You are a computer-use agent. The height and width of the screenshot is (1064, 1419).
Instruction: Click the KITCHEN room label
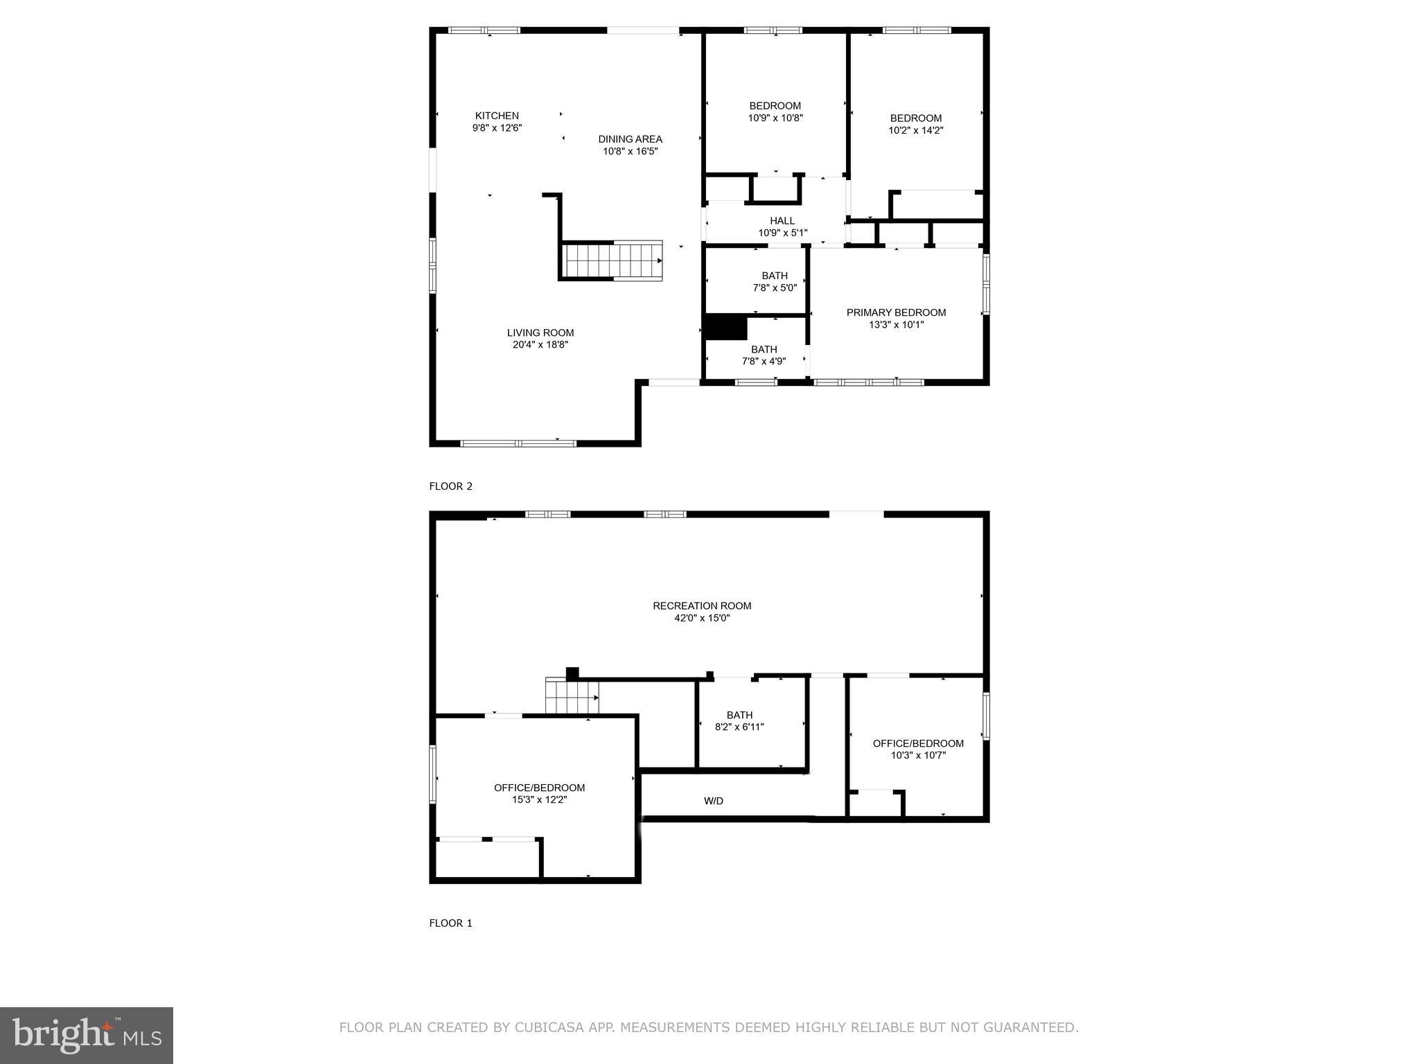[x=497, y=116]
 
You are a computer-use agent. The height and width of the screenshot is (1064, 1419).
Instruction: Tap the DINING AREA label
[x=630, y=139]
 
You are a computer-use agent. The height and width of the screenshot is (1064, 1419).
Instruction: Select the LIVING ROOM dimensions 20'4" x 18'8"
[x=540, y=344]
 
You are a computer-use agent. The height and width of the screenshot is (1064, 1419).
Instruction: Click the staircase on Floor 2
[x=612, y=260]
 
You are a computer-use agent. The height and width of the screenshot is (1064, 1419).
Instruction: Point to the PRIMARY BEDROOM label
[x=896, y=312]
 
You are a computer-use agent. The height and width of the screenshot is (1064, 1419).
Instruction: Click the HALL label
[x=782, y=221]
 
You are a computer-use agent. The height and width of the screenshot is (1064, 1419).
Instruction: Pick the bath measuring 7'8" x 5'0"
[x=775, y=281]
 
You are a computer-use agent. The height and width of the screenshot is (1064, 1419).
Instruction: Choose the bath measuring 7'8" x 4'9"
[x=764, y=355]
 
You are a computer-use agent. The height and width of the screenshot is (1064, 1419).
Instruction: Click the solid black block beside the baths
[x=725, y=327]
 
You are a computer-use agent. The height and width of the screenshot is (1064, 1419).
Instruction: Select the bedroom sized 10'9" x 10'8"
[x=775, y=112]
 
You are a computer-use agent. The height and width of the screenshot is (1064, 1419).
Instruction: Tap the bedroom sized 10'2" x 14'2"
[x=916, y=124]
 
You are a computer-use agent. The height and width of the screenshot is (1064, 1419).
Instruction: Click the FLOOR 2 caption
[x=450, y=486]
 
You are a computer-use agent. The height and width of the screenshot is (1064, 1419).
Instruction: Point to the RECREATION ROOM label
[x=702, y=605]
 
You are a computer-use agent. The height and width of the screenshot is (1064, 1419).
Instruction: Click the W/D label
[x=714, y=801]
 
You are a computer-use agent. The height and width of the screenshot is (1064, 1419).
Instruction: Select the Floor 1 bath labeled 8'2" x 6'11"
[x=739, y=720]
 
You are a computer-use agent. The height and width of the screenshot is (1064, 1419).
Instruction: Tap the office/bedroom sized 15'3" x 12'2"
[x=539, y=793]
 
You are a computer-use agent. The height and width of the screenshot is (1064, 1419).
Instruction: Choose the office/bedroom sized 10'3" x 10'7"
[x=918, y=749]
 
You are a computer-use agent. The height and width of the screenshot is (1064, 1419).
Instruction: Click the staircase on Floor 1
[x=572, y=696]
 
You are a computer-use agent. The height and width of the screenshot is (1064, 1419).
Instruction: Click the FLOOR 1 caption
[x=450, y=923]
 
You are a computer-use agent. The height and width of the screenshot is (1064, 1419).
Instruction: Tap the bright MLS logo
[x=87, y=1036]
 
